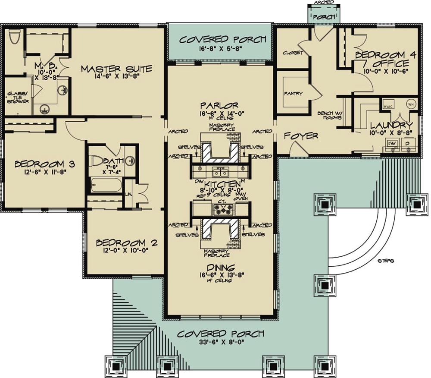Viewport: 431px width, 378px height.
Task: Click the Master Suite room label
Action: point(116,69)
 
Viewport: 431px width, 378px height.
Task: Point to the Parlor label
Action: point(219,105)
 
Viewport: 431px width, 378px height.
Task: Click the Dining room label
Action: point(220,267)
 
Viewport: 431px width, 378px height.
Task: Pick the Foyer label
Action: point(301,136)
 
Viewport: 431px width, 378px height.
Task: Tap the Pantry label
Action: point(293,93)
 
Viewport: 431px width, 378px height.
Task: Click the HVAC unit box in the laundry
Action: point(387,104)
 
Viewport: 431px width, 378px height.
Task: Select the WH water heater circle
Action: point(410,104)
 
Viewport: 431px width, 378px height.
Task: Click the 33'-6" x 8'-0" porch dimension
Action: point(220,343)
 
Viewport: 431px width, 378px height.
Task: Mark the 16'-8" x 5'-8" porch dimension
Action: point(223,48)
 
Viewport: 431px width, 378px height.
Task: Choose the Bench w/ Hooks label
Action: point(332,115)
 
